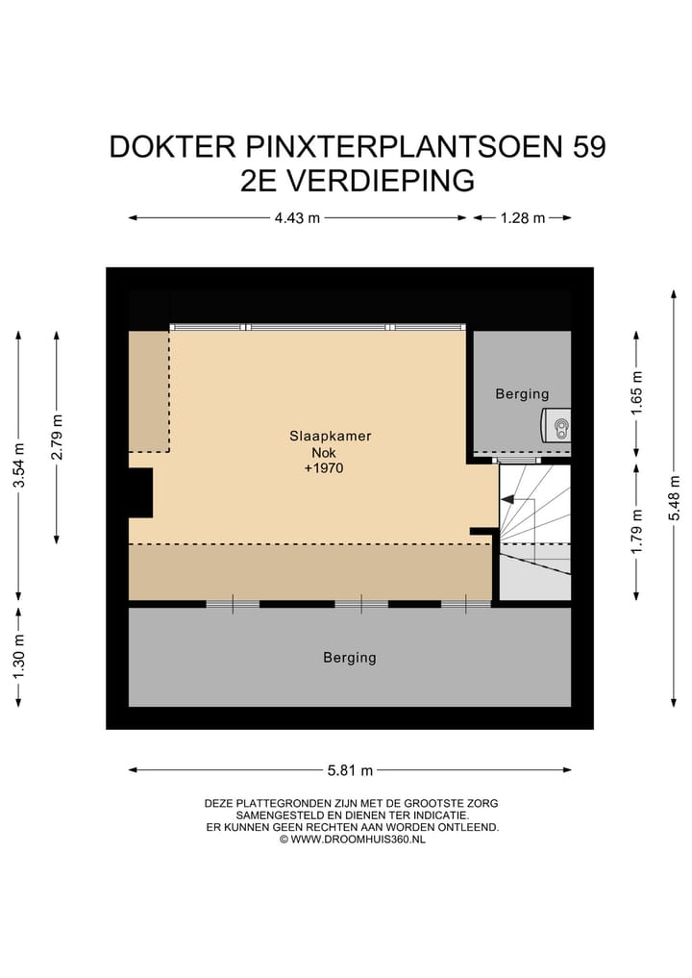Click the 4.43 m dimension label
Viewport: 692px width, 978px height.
(296, 218)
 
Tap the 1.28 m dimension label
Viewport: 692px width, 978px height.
(522, 218)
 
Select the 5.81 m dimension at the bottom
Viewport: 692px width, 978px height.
(350, 769)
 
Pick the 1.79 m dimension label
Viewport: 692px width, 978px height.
(634, 531)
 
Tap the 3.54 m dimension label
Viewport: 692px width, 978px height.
(17, 464)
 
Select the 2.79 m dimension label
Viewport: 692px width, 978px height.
(58, 436)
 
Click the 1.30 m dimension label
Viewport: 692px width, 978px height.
(17, 655)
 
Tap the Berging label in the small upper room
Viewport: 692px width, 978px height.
(522, 393)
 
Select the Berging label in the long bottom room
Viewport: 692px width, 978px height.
(349, 658)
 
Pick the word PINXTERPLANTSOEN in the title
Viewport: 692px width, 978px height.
(394, 147)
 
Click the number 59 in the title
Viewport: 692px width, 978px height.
(588, 147)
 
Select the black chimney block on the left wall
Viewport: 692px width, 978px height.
(140, 491)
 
